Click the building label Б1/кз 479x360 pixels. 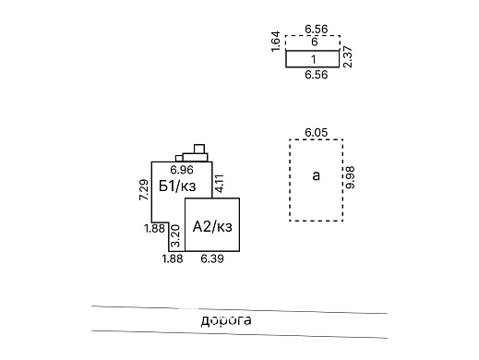coord(176,186)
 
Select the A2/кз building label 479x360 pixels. coord(212,226)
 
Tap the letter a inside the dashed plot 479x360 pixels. coord(317,176)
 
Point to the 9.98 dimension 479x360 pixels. coord(350,177)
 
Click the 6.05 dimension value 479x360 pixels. coord(316,133)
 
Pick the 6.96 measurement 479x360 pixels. coord(181,170)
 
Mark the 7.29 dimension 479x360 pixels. coord(144,189)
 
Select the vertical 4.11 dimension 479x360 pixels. coord(220,183)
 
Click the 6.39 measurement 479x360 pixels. coord(212,259)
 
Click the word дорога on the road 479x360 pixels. coord(226,320)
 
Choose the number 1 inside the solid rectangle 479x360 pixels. coord(314,59)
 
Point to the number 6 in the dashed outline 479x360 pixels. coord(314,42)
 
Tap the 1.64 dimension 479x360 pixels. coord(276,42)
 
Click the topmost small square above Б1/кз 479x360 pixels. coord(198,148)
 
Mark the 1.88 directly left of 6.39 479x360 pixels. coord(173,259)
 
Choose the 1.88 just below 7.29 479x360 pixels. coord(153,228)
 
